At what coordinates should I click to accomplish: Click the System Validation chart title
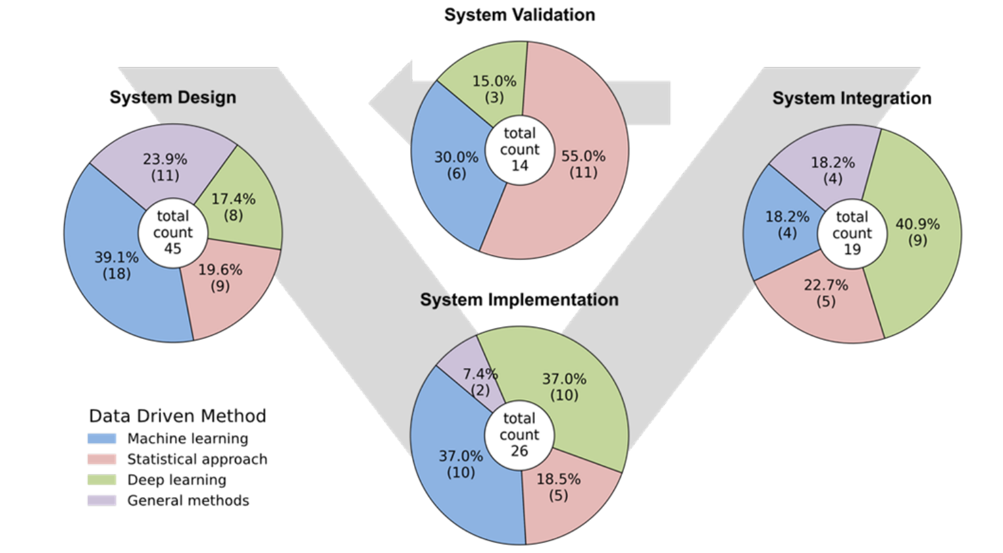pos(519,15)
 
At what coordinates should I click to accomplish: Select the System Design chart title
pos(172,97)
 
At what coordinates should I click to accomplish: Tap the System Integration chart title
pos(852,98)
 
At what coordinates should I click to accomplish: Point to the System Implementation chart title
pos(519,300)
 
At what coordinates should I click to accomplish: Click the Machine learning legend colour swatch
pos(101,438)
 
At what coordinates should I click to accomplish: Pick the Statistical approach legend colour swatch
pos(101,459)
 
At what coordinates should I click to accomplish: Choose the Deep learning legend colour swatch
pos(101,480)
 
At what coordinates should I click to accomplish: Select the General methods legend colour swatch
pos(101,500)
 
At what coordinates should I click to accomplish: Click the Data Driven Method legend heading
pos(178,416)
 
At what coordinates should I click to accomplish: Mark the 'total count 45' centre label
pos(172,232)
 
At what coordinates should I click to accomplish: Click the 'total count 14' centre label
pos(519,149)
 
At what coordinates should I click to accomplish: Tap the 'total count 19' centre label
pos(852,233)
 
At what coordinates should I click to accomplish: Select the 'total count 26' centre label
pos(519,434)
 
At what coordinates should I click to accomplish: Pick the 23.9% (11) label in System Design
pos(165,167)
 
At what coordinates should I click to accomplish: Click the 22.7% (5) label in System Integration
pos(826,293)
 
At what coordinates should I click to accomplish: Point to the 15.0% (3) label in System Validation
pos(494,90)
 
